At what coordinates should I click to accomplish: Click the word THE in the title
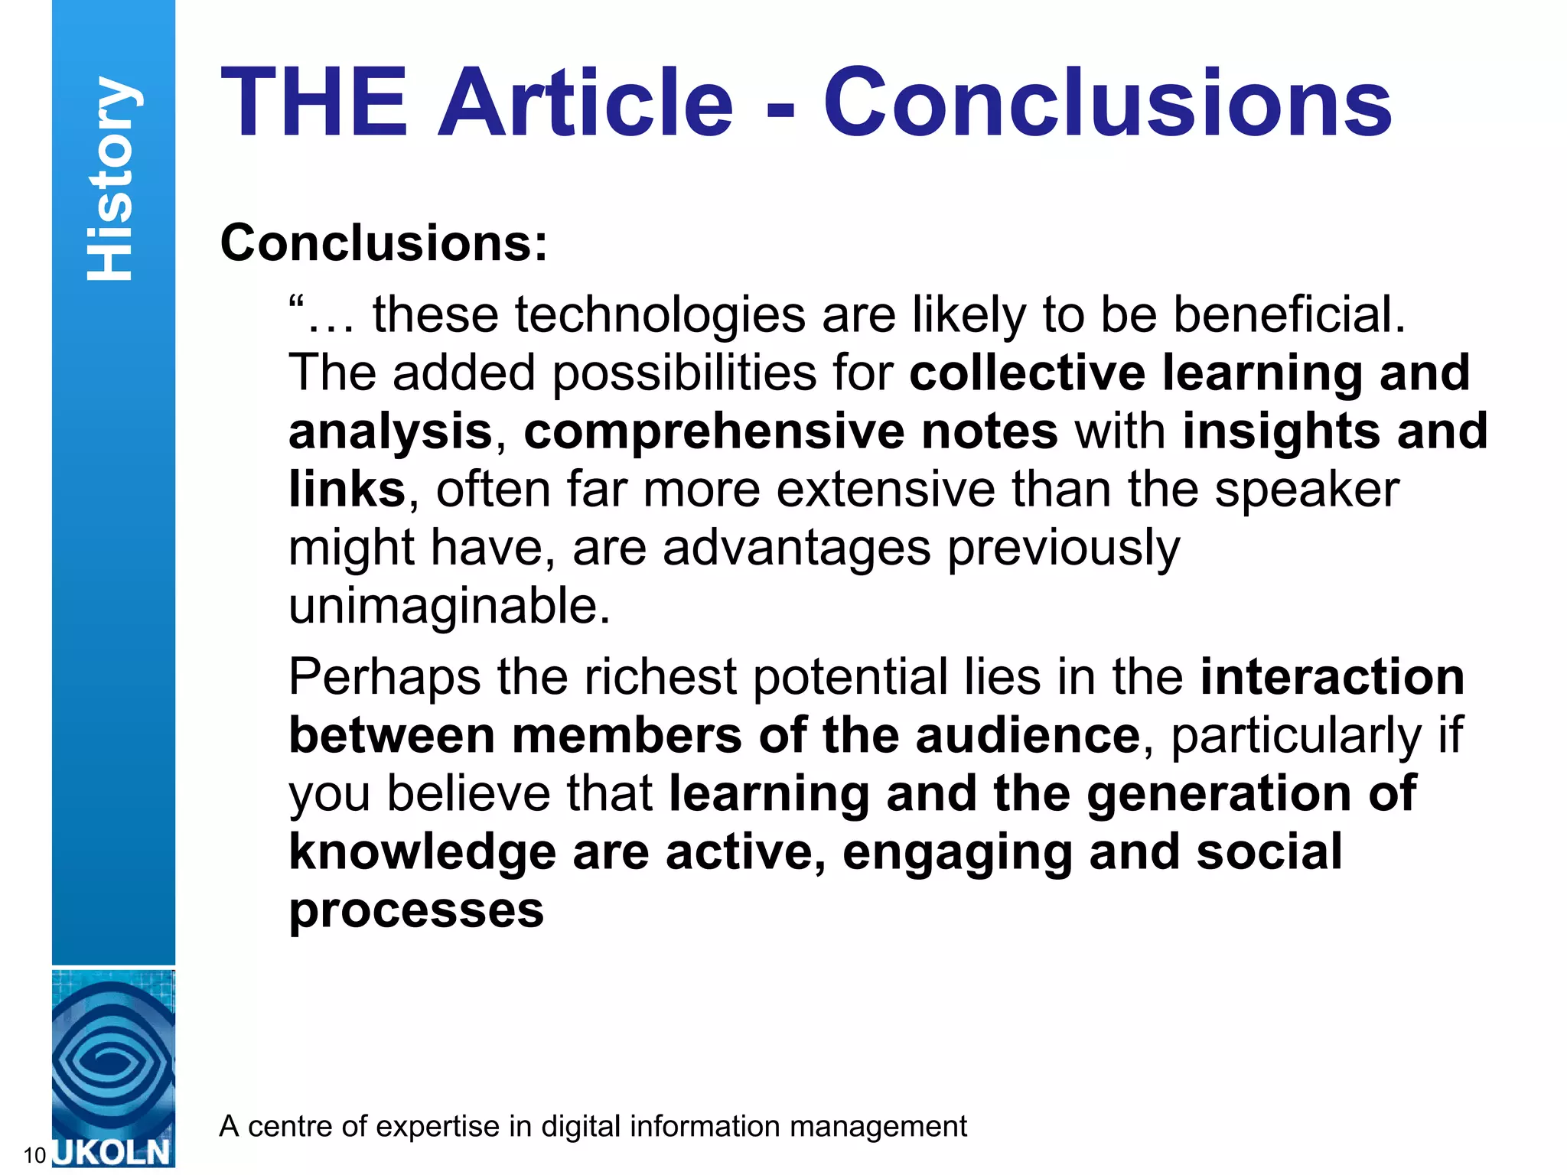coord(314,103)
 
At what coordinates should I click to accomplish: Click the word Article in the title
coord(585,103)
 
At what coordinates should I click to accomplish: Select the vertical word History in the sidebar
coord(112,179)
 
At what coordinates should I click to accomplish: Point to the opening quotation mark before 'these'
coord(297,304)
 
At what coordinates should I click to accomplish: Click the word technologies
coord(660,314)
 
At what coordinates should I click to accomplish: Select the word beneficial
coord(1289,314)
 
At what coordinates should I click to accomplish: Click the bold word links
coord(347,489)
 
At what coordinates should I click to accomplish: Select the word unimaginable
coord(449,606)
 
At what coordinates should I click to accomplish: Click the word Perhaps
coord(385,678)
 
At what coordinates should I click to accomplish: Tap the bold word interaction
coord(1332,677)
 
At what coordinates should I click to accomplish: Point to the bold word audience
coord(1028,735)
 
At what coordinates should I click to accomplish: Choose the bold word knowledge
coord(422,852)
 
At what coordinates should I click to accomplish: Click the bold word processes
coord(416,910)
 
